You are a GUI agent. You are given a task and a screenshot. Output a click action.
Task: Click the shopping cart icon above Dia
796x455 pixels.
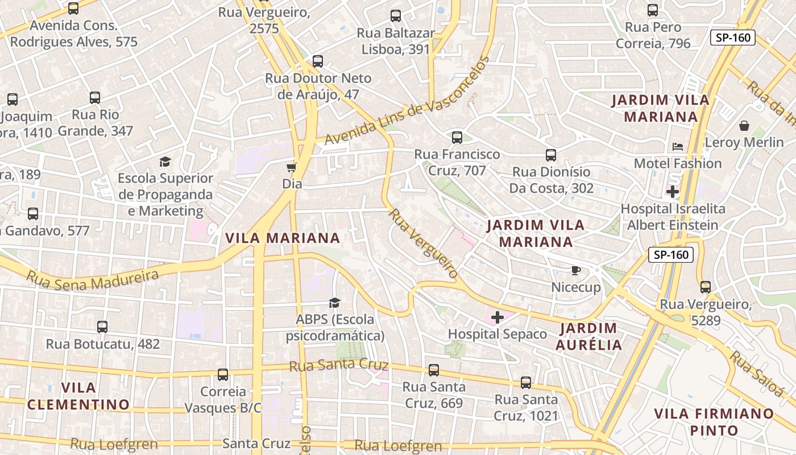pos(292,167)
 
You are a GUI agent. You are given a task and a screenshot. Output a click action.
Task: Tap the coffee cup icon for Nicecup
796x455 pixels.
pos(575,270)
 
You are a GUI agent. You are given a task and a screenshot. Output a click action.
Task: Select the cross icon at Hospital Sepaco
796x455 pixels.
pos(498,317)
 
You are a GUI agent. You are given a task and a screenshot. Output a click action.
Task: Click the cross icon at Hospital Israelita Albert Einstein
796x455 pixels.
pos(673,192)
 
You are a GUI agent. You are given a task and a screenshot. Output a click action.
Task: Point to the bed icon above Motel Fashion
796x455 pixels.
pos(677,146)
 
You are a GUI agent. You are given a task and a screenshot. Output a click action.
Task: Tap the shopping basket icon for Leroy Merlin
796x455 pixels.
pos(744,126)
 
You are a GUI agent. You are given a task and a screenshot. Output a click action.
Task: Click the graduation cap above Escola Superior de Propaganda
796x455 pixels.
pos(165,162)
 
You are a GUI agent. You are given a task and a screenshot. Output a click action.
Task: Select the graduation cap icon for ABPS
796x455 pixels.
pos(334,303)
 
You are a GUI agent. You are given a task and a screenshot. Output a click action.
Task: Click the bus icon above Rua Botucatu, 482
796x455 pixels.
pos(102,327)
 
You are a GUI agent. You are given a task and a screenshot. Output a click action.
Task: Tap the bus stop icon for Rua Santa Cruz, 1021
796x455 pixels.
pos(526,383)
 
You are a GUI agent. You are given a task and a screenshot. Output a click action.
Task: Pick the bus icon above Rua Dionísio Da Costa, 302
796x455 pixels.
pos(550,155)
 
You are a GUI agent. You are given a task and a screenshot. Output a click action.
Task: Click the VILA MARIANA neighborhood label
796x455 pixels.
pos(283,238)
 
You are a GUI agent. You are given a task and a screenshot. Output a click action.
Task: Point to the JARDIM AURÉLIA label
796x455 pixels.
pos(588,336)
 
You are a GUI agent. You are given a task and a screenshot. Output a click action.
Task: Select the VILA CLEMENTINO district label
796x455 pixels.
pos(78,396)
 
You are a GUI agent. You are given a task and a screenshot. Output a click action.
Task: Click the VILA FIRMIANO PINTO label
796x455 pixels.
pos(714,422)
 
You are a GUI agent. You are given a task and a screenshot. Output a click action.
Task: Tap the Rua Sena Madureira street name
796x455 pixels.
pos(93,279)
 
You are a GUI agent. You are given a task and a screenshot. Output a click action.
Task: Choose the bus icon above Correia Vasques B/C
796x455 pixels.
pos(223,375)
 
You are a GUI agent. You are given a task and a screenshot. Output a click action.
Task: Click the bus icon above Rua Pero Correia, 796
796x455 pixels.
pos(653,10)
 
